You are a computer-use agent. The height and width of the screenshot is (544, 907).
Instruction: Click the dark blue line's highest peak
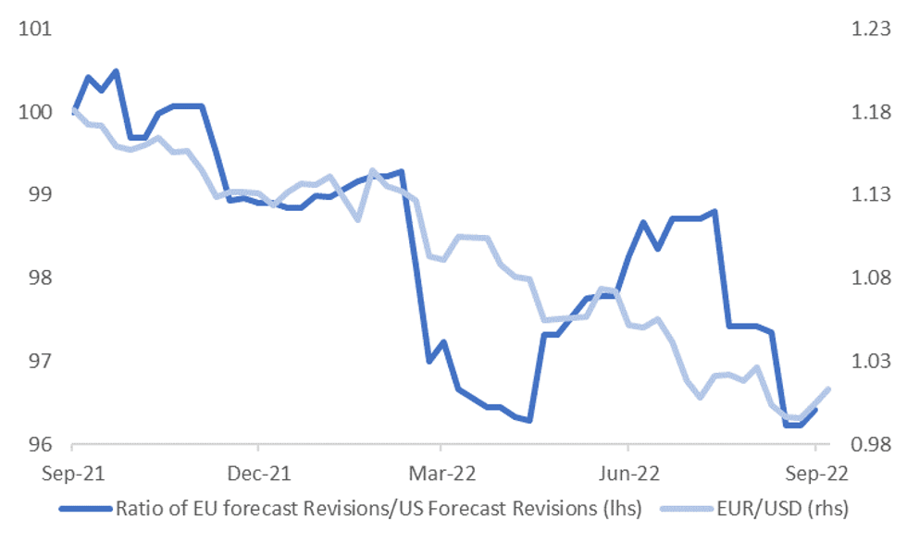click(x=116, y=71)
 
